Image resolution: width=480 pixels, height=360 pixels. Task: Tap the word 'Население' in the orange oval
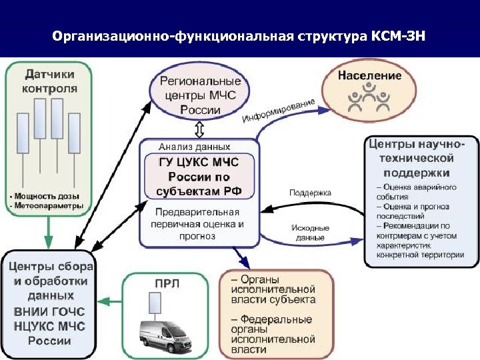tap(370, 75)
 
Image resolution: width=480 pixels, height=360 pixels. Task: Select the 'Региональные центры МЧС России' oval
tap(199, 93)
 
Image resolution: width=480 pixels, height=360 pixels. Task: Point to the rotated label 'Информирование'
tap(279, 111)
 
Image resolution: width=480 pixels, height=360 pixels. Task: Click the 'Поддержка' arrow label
tap(310, 193)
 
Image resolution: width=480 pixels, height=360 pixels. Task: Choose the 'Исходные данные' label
tap(308, 233)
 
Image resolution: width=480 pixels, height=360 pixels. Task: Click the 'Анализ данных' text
tap(195, 146)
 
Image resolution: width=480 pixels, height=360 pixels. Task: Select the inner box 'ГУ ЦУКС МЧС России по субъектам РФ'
tap(199, 176)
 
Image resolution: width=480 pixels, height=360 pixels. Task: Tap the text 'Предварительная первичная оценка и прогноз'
tap(199, 224)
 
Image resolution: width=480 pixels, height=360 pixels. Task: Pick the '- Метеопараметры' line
tap(47, 206)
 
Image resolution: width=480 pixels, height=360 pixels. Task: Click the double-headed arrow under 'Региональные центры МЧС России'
tap(199, 127)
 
